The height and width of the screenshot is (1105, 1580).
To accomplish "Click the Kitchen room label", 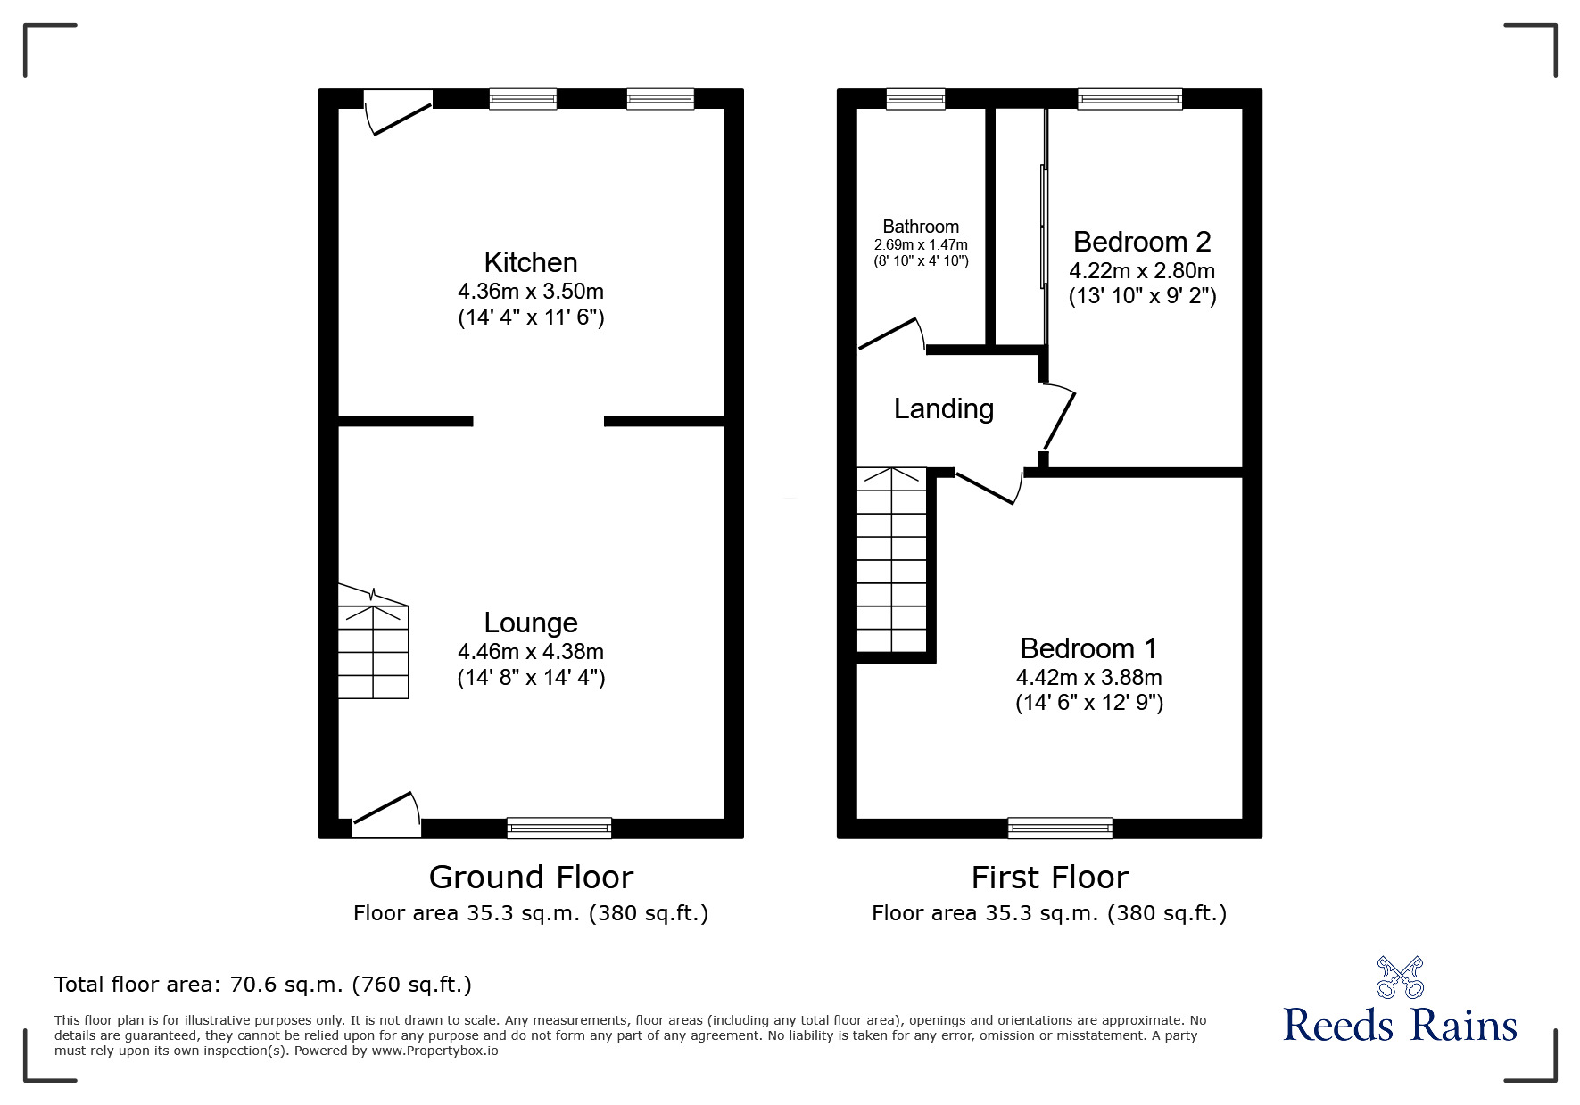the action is [531, 262].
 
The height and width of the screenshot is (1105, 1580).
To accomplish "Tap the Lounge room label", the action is [531, 623].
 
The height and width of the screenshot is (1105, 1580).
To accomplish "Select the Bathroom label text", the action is [921, 227].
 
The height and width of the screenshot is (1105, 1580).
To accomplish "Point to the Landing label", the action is [944, 408].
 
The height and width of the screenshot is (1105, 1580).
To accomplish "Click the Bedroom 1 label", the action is [1088, 648].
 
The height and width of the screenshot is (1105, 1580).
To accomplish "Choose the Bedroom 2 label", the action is [1142, 242].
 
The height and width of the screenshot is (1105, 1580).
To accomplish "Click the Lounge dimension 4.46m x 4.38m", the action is [531, 652].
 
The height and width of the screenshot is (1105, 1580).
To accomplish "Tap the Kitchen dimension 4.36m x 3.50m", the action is [531, 292].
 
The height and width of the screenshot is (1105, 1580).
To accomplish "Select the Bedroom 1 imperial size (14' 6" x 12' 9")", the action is [1089, 703].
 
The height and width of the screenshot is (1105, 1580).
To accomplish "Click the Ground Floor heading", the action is [531, 878].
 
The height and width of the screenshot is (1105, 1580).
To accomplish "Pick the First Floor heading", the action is [1049, 878].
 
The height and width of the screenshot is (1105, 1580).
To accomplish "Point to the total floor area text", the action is [263, 985].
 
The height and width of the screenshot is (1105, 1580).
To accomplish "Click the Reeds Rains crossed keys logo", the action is [1400, 977].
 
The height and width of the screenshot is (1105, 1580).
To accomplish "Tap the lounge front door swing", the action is [386, 814].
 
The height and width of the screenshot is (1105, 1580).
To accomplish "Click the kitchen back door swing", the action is [398, 112].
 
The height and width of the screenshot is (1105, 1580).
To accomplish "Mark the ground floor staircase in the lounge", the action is [373, 641].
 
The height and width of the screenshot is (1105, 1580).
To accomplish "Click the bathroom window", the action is [915, 99].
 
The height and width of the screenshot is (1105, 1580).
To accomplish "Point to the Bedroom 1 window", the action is [1060, 829].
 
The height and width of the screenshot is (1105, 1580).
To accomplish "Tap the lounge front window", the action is [559, 829].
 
